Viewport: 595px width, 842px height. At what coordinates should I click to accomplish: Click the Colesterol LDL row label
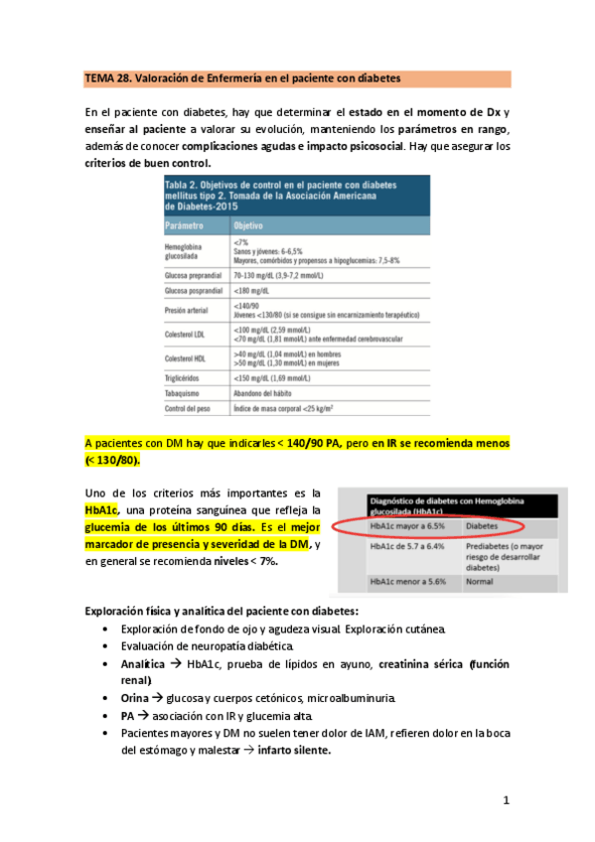coord(188,336)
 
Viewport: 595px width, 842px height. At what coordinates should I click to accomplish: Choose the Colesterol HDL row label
coord(188,358)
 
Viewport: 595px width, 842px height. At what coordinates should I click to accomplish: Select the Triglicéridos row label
coord(185,378)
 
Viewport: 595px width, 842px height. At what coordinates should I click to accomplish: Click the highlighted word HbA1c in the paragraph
coord(101,509)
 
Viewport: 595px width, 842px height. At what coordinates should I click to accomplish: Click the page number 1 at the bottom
coord(506,799)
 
